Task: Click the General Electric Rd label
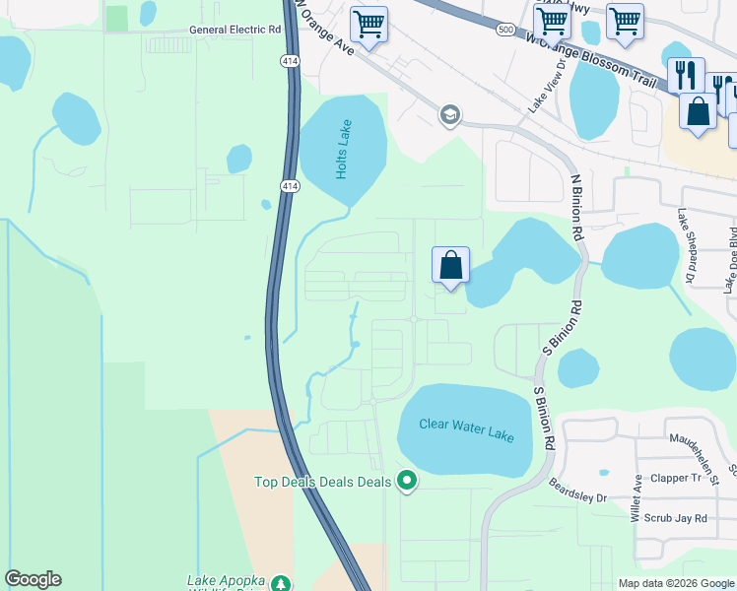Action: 234,30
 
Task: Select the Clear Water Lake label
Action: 466,426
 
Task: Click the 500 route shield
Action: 505,30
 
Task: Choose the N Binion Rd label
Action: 576,207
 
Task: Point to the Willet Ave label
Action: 636,498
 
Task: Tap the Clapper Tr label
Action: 689,479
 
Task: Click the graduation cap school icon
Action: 449,115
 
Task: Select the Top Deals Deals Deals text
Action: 323,482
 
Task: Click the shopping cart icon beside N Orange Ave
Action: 368,24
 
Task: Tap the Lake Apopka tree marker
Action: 281,584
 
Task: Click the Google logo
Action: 33,579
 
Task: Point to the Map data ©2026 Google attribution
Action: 675,583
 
